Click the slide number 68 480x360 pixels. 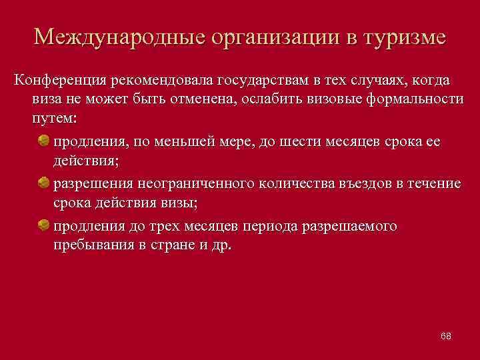pos(445,336)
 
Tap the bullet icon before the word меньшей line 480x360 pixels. pos(43,141)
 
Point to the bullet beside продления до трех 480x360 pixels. pos(43,225)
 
